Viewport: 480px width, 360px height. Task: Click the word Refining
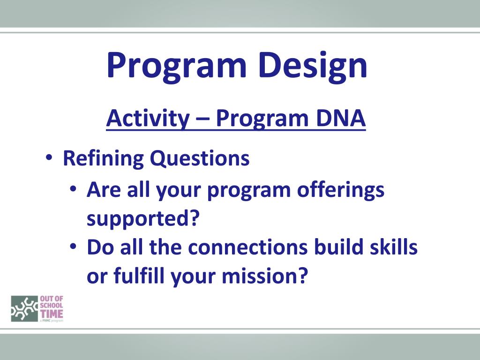[x=103, y=159]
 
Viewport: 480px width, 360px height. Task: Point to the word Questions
[x=200, y=159]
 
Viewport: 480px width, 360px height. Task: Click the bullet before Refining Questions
[x=49, y=158]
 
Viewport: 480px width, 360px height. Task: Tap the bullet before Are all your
[x=73, y=188]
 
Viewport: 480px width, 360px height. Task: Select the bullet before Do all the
[x=73, y=246]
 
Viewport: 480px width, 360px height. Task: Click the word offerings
[x=341, y=190]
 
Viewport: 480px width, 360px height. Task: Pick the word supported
[x=143, y=218]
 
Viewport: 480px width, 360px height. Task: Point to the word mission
[x=264, y=275]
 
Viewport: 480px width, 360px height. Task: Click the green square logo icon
[x=24, y=308]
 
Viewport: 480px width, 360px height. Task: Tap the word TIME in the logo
[x=52, y=314]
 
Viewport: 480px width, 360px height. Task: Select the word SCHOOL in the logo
[x=52, y=306]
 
